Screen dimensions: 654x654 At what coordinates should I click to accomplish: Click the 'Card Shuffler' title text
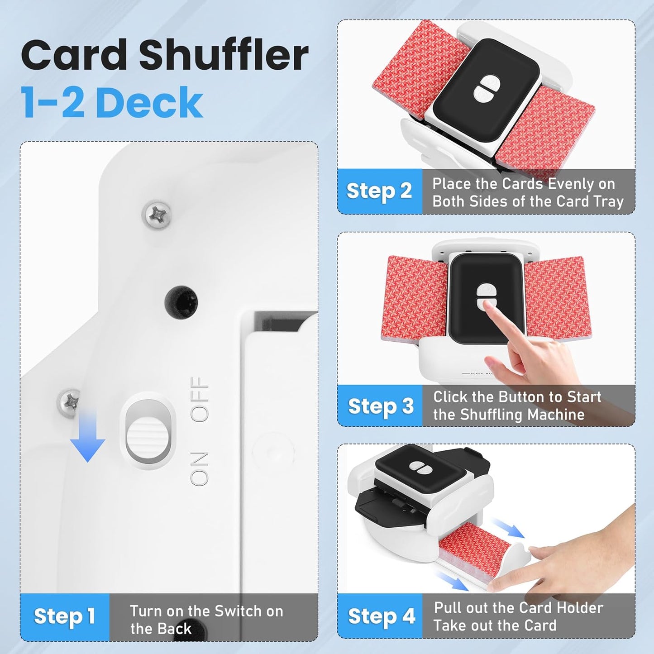click(164, 55)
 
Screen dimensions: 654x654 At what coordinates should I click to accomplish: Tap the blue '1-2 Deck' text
click(112, 102)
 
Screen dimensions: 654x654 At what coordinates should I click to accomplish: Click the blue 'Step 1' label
click(64, 616)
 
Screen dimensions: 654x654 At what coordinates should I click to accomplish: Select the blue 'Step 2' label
click(379, 191)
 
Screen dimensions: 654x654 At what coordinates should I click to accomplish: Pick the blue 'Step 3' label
click(380, 406)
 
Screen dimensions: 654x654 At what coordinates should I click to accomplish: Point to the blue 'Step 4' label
click(381, 616)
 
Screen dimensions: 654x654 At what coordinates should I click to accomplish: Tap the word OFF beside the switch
click(200, 399)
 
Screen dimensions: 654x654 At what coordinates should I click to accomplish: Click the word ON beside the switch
click(199, 468)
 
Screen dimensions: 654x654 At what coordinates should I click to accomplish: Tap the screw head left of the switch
click(69, 402)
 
